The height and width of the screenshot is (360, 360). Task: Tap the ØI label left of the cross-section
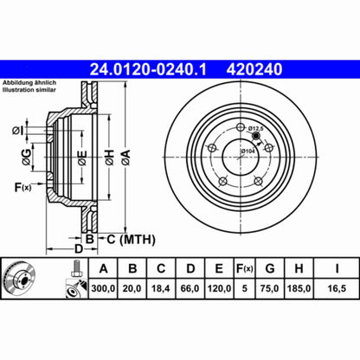18,131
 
